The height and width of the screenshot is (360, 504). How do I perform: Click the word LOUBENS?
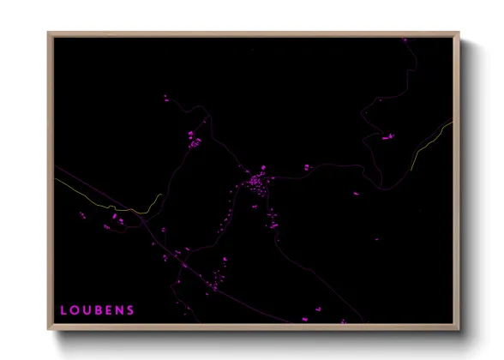(97, 310)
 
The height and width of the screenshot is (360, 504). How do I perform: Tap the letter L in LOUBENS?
(63, 310)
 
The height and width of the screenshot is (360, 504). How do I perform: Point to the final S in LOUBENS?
(130, 310)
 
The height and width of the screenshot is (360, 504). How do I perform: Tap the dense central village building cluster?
(255, 183)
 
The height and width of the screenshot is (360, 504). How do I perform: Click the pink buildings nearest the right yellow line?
(387, 135)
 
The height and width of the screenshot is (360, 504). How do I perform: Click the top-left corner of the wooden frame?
(49, 33)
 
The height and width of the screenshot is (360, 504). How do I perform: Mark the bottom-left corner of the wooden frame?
(49, 329)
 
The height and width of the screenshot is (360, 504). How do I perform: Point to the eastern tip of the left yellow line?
(162, 195)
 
